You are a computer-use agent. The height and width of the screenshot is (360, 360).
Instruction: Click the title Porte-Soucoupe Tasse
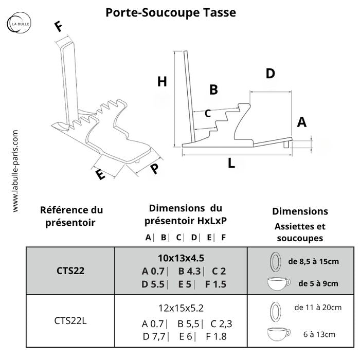[171, 12]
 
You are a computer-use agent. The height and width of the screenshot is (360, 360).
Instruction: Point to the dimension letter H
[163, 81]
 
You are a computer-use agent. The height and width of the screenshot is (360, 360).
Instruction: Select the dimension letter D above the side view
[271, 74]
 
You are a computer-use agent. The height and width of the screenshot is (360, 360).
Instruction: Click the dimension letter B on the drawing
[213, 90]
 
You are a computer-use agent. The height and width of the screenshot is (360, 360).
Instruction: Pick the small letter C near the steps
[208, 113]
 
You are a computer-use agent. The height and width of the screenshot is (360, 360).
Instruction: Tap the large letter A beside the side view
[302, 122]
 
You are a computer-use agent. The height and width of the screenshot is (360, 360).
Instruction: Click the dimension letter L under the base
[231, 164]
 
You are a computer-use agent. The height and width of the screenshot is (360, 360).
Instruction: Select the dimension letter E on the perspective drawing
[100, 174]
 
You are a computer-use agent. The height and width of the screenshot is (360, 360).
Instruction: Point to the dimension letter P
[154, 170]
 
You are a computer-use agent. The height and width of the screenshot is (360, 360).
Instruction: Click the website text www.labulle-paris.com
[15, 170]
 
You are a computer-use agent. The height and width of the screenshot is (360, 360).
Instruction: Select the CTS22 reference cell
[70, 271]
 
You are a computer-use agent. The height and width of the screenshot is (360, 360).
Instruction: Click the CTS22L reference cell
[70, 320]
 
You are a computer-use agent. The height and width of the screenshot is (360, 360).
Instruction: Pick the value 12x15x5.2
[181, 308]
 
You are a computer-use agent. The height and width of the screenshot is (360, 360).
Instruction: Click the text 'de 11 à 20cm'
[317, 308]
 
